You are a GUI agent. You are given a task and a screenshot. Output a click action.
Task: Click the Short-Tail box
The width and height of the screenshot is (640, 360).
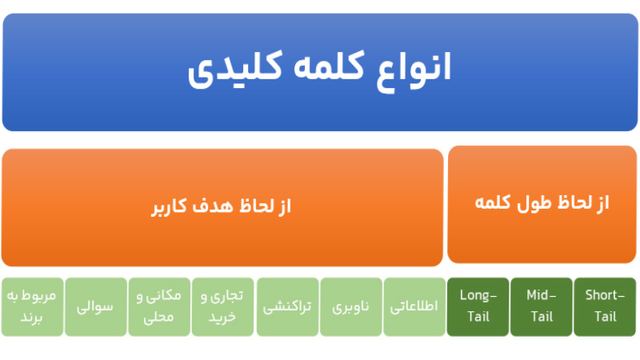click(605, 306)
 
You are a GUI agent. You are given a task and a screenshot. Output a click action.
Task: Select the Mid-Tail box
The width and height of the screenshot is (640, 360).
click(542, 306)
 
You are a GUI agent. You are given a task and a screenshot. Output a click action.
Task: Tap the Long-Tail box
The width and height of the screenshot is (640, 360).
click(478, 306)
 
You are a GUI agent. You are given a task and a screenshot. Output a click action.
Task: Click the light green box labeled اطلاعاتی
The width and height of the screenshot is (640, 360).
click(414, 306)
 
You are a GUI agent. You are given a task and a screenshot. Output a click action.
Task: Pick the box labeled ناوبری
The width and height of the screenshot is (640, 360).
click(351, 306)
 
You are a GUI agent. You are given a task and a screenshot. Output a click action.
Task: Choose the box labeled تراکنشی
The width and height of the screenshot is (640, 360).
click(287, 306)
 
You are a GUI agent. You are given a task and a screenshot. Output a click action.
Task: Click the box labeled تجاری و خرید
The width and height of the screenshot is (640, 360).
click(223, 306)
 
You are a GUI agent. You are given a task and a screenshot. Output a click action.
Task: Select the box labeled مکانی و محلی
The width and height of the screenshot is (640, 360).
click(159, 306)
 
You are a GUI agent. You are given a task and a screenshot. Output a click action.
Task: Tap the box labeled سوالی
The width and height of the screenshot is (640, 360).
click(96, 306)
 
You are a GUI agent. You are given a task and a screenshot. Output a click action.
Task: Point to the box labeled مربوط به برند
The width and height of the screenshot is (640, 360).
click(33, 306)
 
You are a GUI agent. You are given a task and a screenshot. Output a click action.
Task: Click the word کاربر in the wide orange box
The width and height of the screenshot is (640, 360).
click(167, 207)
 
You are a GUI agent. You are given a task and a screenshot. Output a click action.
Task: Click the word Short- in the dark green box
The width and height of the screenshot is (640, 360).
click(605, 296)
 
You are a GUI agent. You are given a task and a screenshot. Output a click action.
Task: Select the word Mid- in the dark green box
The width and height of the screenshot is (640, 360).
click(542, 296)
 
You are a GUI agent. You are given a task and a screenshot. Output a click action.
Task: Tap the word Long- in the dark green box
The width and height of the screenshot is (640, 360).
click(478, 296)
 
